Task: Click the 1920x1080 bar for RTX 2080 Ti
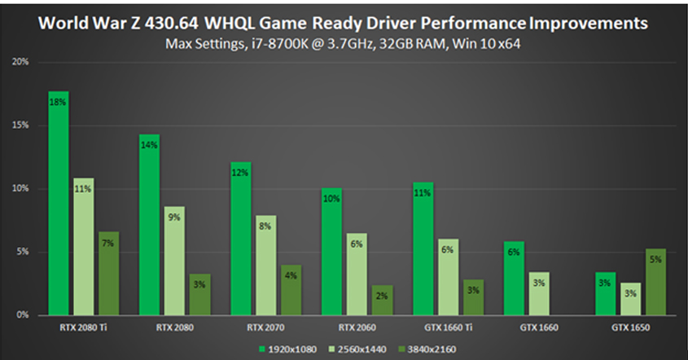(59, 204)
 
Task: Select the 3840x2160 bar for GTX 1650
(655, 282)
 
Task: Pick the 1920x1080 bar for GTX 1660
(515, 278)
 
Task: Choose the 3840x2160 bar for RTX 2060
(381, 300)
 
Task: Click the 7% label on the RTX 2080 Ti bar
(108, 244)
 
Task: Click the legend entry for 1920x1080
(287, 348)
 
